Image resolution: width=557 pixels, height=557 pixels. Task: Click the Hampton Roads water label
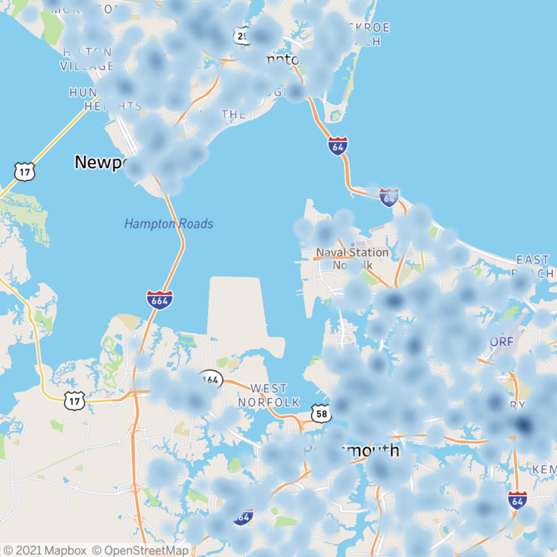(x=169, y=224)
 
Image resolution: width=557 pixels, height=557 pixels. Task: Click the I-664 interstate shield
(x=159, y=299)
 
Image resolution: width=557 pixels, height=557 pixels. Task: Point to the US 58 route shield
(x=321, y=412)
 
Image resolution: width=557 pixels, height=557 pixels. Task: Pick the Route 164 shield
(x=210, y=379)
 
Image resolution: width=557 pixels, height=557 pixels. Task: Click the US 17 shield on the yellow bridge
(x=23, y=171)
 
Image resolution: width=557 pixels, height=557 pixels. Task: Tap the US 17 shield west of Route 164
(x=74, y=401)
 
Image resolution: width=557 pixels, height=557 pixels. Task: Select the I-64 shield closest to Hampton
(x=338, y=147)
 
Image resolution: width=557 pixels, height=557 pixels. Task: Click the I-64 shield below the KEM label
(x=518, y=500)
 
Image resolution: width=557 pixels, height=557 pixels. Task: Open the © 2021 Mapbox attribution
(x=44, y=550)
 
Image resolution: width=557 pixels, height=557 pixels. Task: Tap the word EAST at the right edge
(x=533, y=260)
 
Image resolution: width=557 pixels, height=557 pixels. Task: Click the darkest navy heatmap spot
(x=524, y=426)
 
